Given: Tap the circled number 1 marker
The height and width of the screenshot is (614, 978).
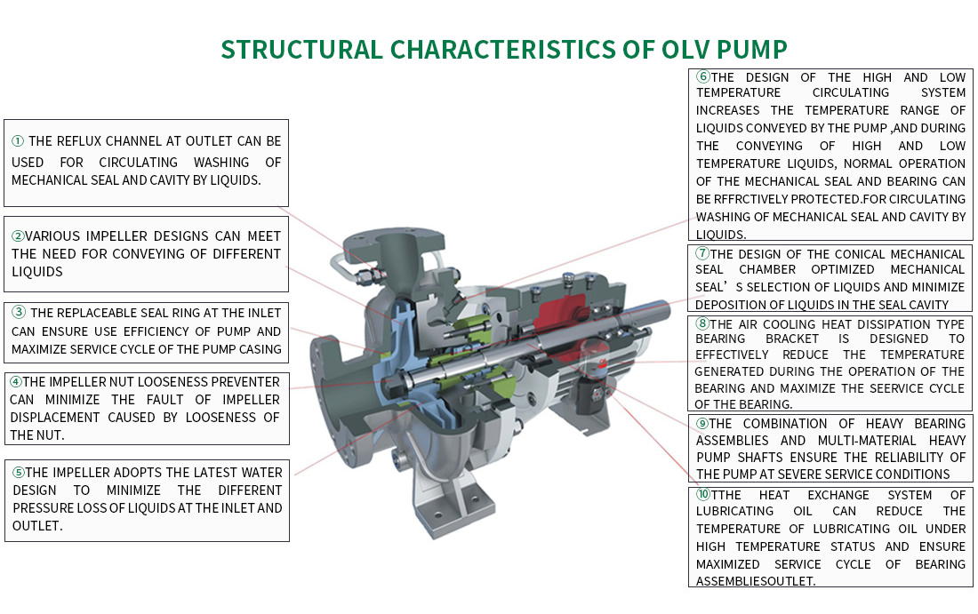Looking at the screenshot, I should (18, 141).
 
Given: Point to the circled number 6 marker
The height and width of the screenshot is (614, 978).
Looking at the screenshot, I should (702, 77).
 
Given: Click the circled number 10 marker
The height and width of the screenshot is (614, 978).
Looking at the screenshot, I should (703, 495).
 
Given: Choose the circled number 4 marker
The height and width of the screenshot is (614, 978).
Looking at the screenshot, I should (16, 382).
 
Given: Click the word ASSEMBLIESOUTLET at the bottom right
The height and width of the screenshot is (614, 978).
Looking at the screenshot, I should (756, 581).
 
